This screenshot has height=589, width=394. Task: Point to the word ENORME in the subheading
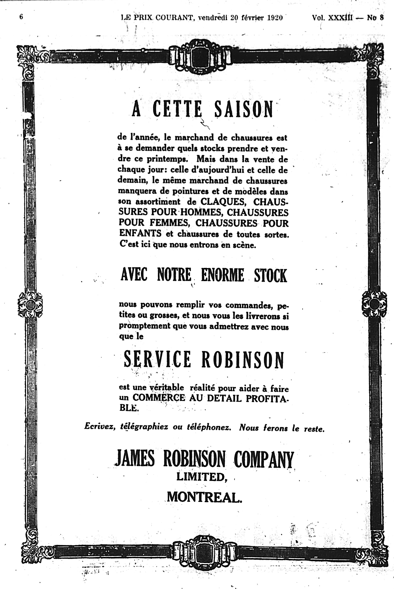(222, 275)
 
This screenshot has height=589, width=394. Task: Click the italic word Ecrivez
(100, 427)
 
